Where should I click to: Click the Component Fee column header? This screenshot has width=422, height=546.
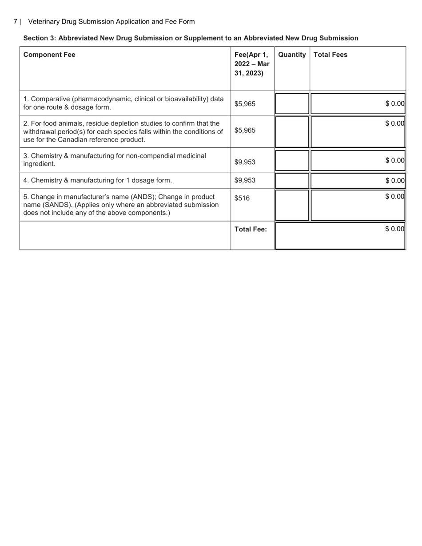[49, 55]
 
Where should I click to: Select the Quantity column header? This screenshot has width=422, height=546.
[292, 55]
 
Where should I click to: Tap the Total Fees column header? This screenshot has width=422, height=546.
[330, 55]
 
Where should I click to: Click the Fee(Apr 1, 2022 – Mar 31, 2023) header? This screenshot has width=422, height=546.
[252, 64]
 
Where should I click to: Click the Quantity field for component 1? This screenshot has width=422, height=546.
[292, 103]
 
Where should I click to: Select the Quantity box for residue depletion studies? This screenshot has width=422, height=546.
[292, 131]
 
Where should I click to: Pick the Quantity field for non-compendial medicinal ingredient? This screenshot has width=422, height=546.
[292, 160]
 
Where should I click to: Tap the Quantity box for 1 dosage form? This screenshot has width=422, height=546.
[292, 181]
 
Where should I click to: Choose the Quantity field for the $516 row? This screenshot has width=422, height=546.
[292, 205]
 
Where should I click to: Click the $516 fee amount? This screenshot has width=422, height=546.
[242, 198]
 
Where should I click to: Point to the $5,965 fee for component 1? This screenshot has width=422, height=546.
[245, 104]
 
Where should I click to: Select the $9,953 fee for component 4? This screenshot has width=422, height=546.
[245, 180]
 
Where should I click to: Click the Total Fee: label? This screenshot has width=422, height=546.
[251, 229]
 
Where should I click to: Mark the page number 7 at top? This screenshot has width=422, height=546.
[16, 21]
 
